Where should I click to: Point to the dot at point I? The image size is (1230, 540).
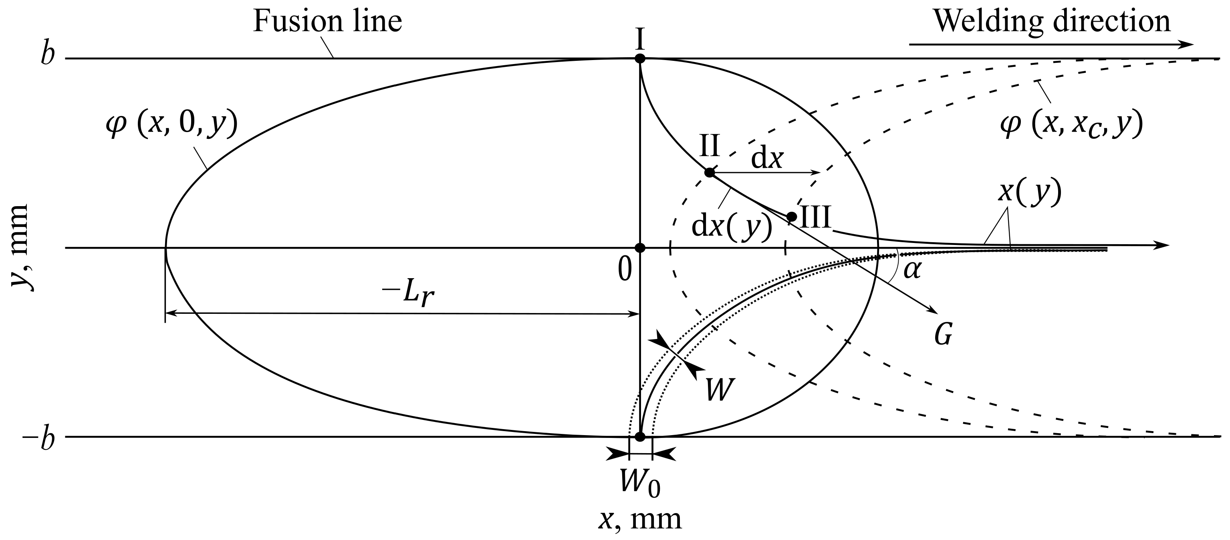click(x=640, y=59)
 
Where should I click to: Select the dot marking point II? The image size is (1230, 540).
click(x=710, y=172)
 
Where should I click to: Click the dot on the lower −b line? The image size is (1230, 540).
click(x=640, y=436)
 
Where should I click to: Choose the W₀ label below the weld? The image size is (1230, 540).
click(x=640, y=483)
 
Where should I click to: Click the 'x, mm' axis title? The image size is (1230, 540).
click(x=640, y=520)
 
